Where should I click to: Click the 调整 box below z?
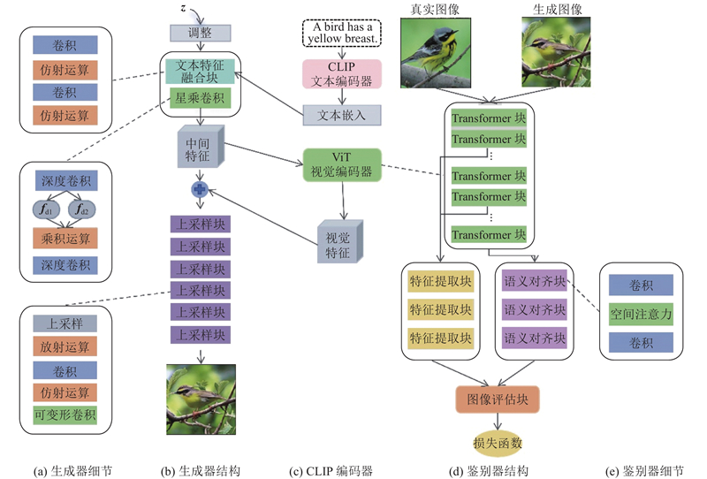tap(200, 34)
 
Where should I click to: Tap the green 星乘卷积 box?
tap(200, 100)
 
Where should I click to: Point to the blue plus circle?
tap(199, 189)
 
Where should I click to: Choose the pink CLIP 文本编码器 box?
tap(342, 74)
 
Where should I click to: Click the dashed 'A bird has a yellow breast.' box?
tap(342, 34)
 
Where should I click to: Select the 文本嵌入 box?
tap(342, 115)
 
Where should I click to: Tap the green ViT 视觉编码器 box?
tap(342, 165)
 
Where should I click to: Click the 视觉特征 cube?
tap(338, 239)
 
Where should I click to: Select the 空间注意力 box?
tap(642, 312)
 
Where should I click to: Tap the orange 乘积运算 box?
tap(66, 238)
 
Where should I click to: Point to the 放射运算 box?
tap(66, 346)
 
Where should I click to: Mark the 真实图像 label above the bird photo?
tap(432, 9)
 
